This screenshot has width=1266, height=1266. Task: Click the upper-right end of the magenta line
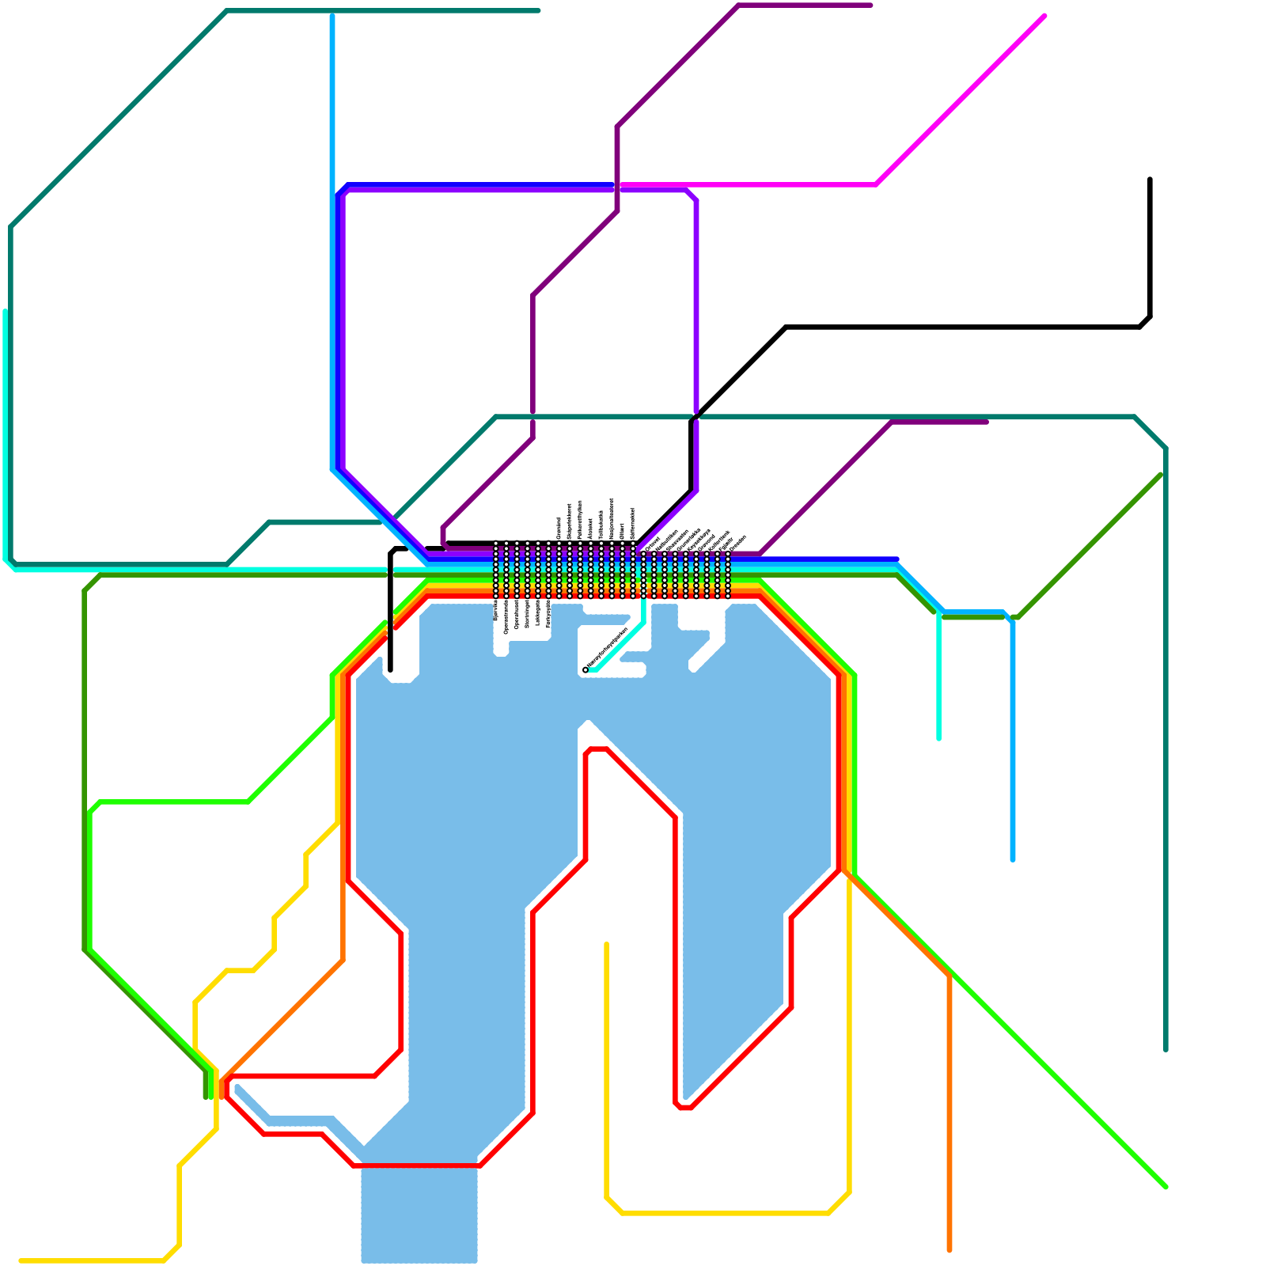pyautogui.click(x=1044, y=16)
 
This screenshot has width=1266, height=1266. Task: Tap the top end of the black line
pyautogui.click(x=1150, y=180)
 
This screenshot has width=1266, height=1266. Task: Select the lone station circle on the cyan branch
pyautogui.click(x=586, y=670)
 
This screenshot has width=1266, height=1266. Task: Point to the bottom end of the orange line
pyautogui.click(x=949, y=1250)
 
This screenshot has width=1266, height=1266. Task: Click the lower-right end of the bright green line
pyautogui.click(x=1166, y=1187)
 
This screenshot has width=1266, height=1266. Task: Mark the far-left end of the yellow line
pyautogui.click(x=21, y=1260)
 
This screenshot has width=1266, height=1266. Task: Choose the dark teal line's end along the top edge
pyautogui.click(x=539, y=11)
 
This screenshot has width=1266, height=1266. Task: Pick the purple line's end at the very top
pyautogui.click(x=870, y=6)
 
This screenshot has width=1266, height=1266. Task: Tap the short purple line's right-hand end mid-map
pyautogui.click(x=987, y=422)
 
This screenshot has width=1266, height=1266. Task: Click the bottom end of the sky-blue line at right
pyautogui.click(x=1013, y=859)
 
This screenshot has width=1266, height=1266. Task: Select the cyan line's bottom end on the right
pyautogui.click(x=938, y=739)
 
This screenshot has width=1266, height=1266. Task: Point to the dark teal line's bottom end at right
pyautogui.click(x=1166, y=1050)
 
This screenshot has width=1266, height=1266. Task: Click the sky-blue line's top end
pyautogui.click(x=332, y=14)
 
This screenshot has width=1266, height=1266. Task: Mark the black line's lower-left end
pyautogui.click(x=391, y=669)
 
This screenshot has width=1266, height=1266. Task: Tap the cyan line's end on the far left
pyautogui.click(x=6, y=311)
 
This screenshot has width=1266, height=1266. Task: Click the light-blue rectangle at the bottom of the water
pyautogui.click(x=419, y=1215)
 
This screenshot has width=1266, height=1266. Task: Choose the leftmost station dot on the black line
pyautogui.click(x=497, y=544)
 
